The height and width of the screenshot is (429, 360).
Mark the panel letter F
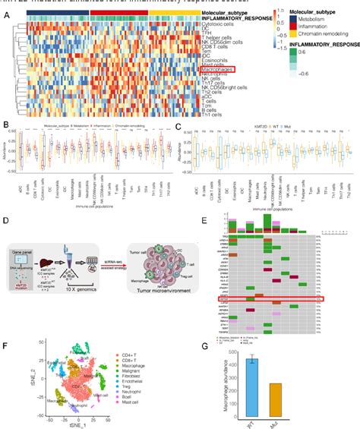pos(6,326)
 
